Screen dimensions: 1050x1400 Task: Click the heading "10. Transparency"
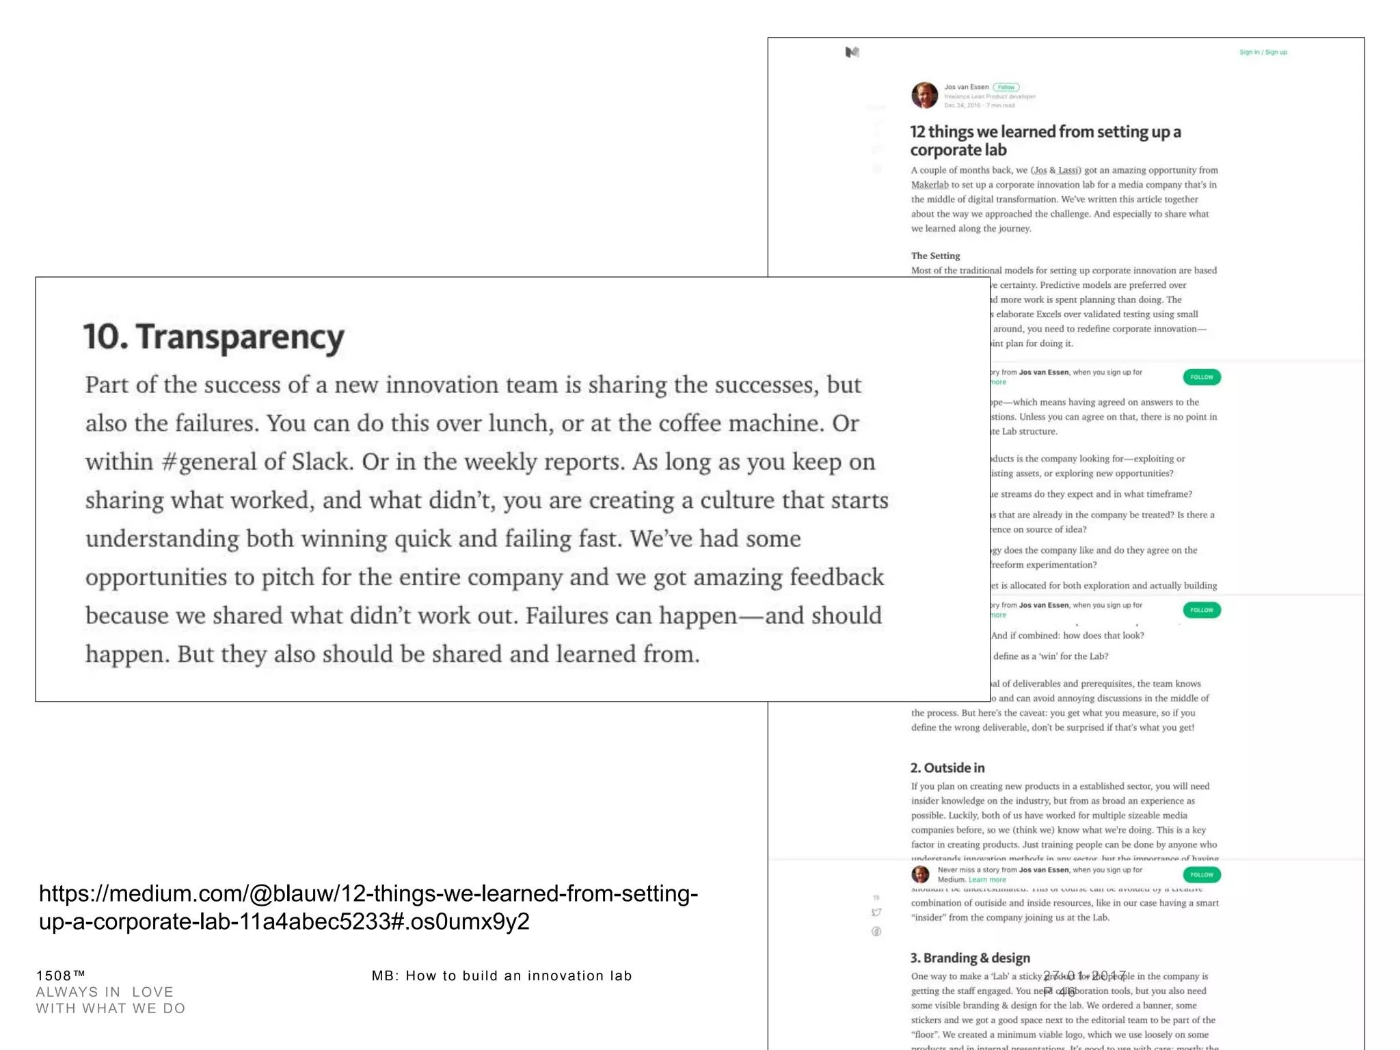(213, 337)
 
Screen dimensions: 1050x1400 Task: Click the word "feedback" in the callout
(837, 578)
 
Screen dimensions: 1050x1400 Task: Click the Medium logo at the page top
(852, 52)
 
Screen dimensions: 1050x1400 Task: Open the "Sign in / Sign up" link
(1263, 52)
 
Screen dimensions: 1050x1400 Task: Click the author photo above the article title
(924, 95)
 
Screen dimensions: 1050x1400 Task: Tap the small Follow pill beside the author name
(1006, 87)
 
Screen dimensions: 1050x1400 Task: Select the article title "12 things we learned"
(1045, 140)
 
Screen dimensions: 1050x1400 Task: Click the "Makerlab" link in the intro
(929, 185)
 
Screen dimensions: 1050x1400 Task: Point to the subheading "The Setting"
(935, 256)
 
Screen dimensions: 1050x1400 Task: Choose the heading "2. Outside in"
(947, 768)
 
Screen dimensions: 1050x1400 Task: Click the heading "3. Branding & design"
(969, 958)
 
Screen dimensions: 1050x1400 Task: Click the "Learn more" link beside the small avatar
(986, 880)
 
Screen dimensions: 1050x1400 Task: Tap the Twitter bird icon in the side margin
(876, 913)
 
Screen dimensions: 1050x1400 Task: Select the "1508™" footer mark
(60, 975)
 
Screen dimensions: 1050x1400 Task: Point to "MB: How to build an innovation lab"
(501, 976)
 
